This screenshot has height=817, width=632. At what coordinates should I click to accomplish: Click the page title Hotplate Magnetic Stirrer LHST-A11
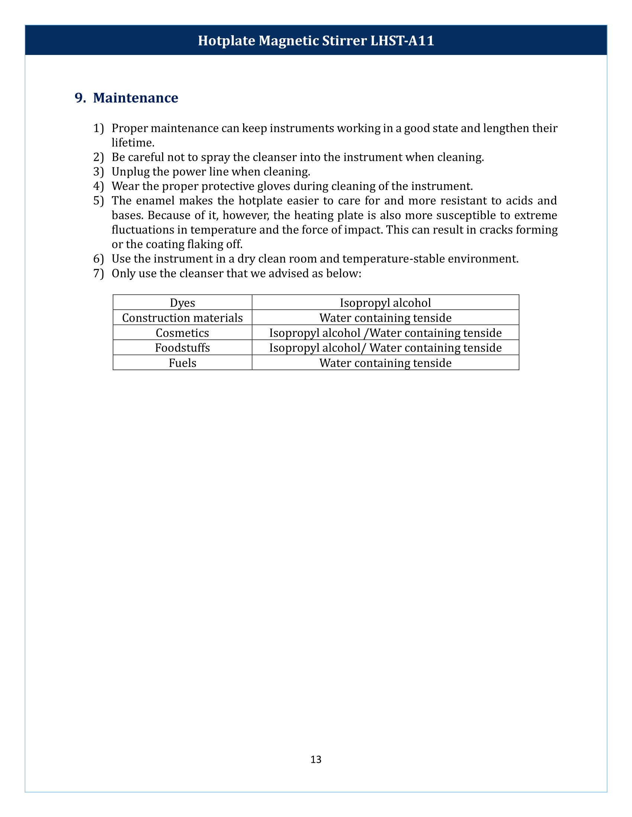[x=316, y=40]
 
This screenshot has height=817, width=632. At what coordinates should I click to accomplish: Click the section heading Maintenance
[x=136, y=98]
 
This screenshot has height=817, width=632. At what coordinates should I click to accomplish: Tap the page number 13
[x=316, y=759]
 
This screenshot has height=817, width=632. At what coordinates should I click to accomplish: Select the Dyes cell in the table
[x=182, y=303]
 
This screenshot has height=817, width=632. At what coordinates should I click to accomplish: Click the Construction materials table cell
[x=182, y=318]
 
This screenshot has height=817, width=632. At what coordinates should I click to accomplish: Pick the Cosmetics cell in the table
[x=182, y=333]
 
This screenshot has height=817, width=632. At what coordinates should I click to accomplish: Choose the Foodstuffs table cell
[x=182, y=348]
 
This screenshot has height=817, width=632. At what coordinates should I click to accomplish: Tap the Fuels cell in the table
[x=182, y=363]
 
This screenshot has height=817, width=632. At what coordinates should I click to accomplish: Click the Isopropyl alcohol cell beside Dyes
[x=385, y=303]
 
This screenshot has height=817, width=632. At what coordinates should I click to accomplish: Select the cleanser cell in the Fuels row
[x=385, y=363]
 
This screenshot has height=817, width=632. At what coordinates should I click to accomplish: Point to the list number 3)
[x=98, y=172]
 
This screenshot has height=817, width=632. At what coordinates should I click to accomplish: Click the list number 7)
[x=98, y=273]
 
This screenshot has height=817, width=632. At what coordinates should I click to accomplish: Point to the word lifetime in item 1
[x=132, y=143]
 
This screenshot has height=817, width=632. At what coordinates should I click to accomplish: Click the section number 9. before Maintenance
[x=80, y=98]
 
